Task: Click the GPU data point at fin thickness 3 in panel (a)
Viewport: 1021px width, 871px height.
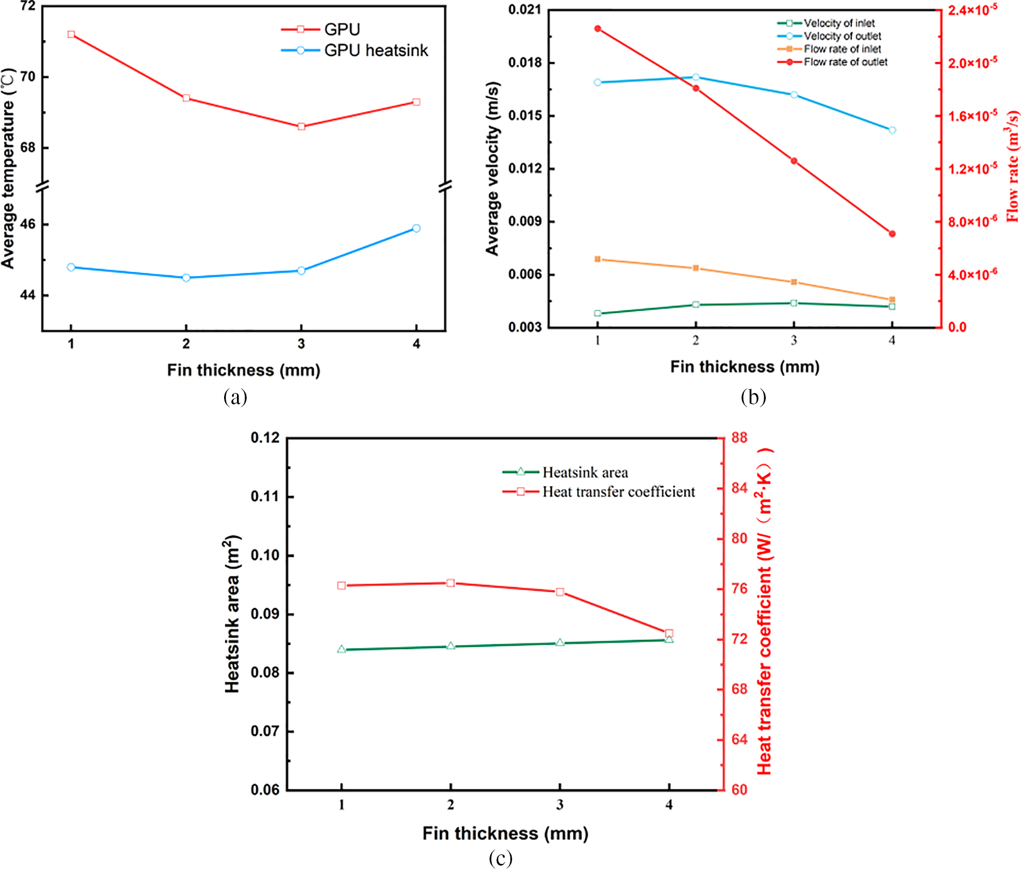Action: point(301,126)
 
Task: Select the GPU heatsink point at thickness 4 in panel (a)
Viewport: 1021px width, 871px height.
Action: point(416,229)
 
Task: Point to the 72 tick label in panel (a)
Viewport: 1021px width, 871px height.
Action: point(27,6)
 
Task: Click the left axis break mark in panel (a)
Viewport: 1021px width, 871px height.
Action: point(42,187)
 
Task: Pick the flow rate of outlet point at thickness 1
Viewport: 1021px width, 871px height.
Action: point(598,28)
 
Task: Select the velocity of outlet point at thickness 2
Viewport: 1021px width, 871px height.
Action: point(696,77)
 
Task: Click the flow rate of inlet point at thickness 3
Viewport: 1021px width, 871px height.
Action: point(794,282)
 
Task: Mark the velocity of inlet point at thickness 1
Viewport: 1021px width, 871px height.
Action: point(598,313)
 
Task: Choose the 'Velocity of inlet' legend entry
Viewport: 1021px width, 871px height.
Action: point(839,23)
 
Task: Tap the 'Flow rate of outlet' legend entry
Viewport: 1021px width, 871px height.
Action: point(845,62)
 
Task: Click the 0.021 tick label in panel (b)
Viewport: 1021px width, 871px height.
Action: point(525,10)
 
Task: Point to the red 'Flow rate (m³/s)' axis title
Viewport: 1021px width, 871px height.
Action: point(1012,167)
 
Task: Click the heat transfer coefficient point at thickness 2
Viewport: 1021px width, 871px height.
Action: point(450,583)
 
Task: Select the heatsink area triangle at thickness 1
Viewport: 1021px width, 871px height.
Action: point(342,649)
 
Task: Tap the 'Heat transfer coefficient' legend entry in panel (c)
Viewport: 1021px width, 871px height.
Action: point(618,492)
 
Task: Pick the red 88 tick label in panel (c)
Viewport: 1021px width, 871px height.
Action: point(739,438)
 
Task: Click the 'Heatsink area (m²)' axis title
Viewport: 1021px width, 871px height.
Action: point(233,614)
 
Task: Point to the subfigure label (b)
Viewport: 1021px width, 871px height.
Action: point(753,397)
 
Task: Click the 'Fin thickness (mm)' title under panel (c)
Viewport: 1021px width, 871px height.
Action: point(505,833)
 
